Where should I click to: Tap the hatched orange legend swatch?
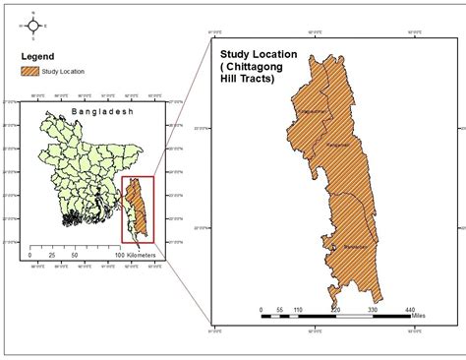[x=29, y=71]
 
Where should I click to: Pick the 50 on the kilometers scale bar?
[x=75, y=255]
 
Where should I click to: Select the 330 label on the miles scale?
[x=373, y=308]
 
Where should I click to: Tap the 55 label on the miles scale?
[x=281, y=308]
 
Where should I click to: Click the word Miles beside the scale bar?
[x=433, y=316]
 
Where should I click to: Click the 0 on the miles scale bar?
[x=262, y=308]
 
